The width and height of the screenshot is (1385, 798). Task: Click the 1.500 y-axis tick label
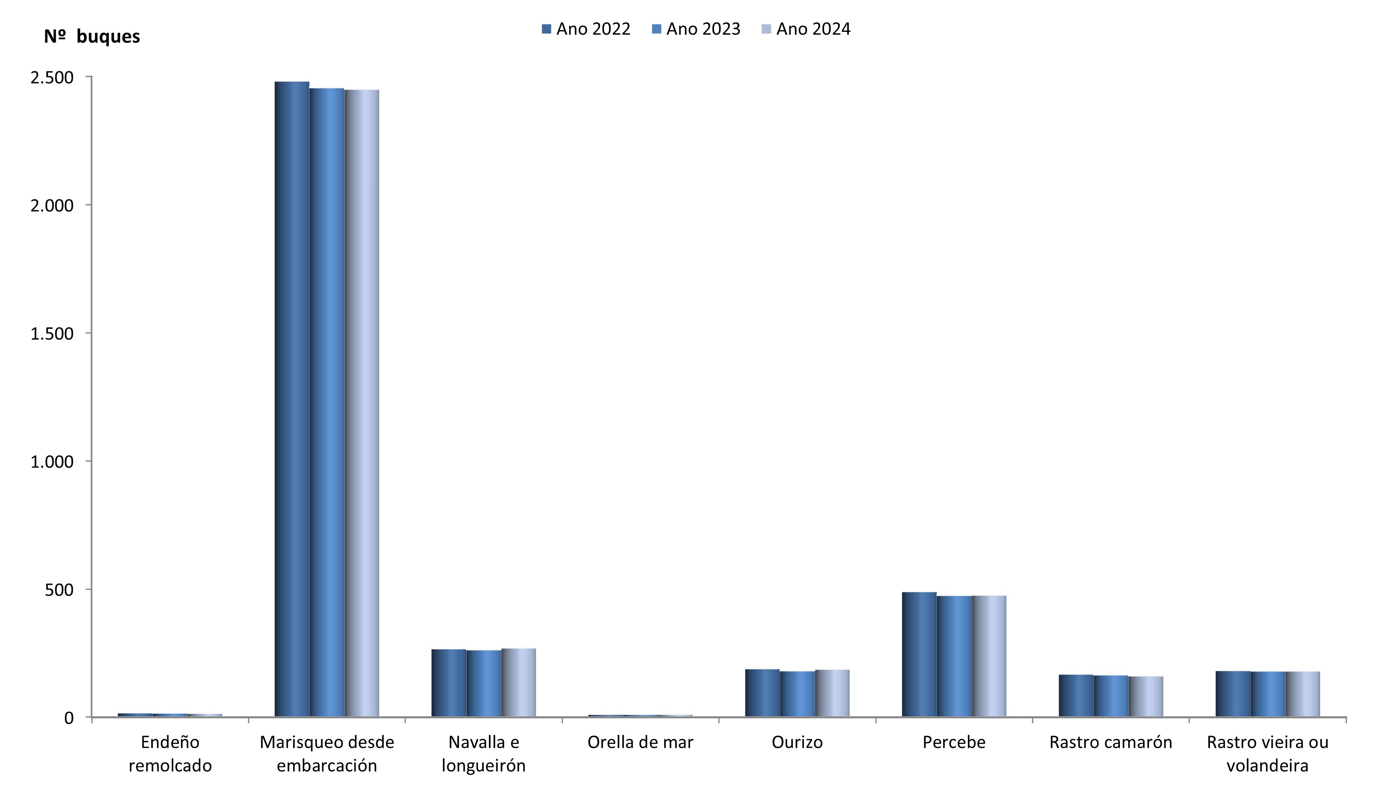tap(52, 334)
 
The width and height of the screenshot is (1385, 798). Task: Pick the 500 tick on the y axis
tap(59, 590)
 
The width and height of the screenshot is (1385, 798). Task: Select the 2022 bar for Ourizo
tap(762, 693)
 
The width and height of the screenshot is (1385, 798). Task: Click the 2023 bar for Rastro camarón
tap(1111, 696)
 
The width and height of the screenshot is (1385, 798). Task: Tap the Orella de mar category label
tap(640, 743)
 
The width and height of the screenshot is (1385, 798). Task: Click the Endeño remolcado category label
tap(170, 754)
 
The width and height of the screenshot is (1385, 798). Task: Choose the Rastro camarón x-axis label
tap(1111, 743)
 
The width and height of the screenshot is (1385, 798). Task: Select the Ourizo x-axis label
tap(797, 743)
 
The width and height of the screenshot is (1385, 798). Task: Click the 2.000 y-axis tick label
tap(52, 206)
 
